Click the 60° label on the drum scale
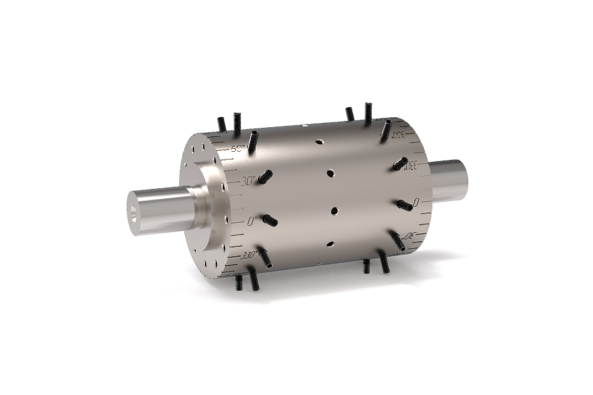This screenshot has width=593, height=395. [238, 149]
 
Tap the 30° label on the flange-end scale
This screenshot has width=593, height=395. [248, 182]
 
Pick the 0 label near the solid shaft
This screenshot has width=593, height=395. [416, 202]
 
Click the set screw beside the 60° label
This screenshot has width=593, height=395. [253, 141]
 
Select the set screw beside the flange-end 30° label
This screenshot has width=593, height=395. [266, 178]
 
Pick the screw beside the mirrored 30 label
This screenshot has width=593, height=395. [397, 241]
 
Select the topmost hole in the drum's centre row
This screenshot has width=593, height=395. [319, 141]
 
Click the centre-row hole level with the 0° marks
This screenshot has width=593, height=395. [334, 210]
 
